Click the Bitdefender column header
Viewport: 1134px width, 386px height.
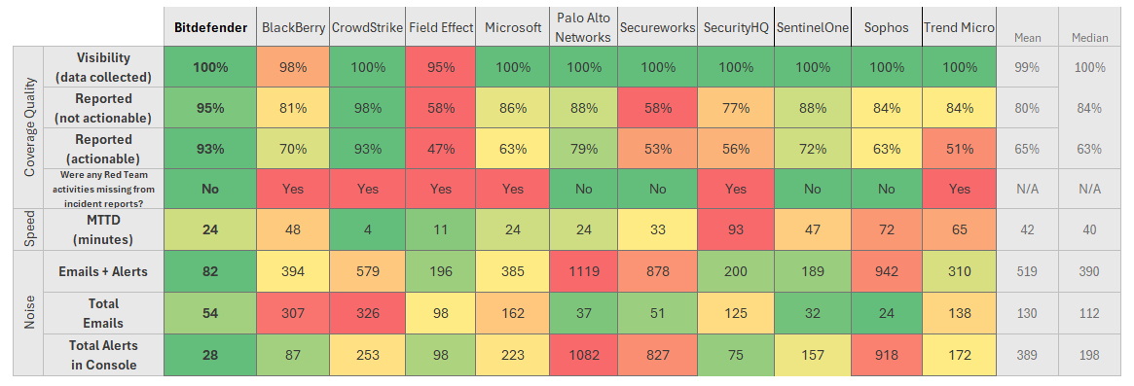click(209, 27)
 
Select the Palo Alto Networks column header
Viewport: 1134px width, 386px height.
click(585, 27)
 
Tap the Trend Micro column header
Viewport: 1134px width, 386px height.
click(960, 27)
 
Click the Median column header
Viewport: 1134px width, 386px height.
click(1089, 38)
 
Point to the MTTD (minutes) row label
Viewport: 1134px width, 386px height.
click(104, 229)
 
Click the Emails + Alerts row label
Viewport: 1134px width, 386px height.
click(104, 272)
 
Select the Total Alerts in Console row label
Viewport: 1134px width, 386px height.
click(104, 355)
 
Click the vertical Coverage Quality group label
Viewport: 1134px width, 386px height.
click(29, 127)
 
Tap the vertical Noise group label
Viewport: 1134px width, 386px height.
click(29, 313)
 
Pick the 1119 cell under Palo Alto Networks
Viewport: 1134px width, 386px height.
click(585, 272)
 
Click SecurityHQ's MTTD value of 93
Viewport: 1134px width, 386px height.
click(736, 229)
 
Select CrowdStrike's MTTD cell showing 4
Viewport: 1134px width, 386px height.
click(367, 229)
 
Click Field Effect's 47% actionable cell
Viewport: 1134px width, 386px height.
click(440, 150)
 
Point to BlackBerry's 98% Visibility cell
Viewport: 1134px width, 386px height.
click(294, 67)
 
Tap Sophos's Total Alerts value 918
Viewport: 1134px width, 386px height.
click(887, 355)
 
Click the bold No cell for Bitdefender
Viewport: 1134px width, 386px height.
click(209, 190)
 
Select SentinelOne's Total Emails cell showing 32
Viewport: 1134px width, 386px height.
click(812, 313)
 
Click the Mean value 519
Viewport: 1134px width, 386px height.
click(1026, 272)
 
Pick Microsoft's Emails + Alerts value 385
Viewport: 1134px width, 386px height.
click(513, 272)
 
